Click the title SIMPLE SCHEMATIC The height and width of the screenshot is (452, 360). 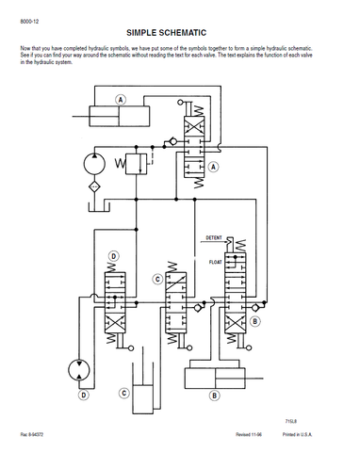[166, 33]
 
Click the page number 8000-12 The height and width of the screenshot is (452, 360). [29, 22]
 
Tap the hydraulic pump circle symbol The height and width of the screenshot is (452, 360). [94, 164]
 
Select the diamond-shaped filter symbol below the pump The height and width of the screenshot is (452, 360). [94, 187]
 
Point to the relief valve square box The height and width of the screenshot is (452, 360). [136, 164]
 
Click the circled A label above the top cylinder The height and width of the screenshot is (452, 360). [121, 100]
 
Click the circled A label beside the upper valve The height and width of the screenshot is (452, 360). [214, 167]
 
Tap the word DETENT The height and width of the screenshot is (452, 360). [214, 238]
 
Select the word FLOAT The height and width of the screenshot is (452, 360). [216, 262]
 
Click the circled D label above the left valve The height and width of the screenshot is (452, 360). [113, 256]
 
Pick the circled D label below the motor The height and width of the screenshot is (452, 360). [84, 395]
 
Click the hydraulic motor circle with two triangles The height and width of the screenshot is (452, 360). [79, 370]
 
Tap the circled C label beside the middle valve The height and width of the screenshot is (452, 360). [157, 279]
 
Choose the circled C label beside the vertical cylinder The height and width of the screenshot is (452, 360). [124, 394]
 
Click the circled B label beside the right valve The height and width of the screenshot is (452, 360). [255, 321]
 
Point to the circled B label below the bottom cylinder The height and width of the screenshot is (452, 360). [215, 395]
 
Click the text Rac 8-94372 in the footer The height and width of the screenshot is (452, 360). [32, 434]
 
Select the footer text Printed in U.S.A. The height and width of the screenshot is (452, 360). [297, 434]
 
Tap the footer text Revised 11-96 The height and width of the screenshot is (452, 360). [249, 434]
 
